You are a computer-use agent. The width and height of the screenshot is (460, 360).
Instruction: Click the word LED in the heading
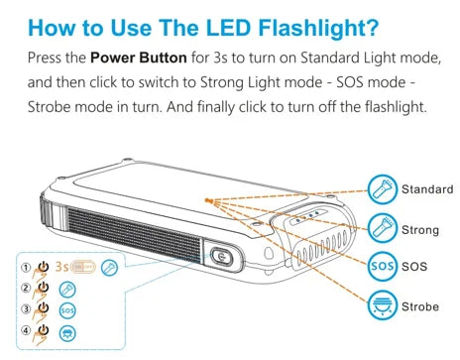coord(228,28)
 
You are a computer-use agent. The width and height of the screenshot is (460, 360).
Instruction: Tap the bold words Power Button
coord(139,58)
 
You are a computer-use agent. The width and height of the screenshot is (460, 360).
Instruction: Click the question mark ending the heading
coord(373,28)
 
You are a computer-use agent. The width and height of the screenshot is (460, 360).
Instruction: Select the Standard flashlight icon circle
coord(383,189)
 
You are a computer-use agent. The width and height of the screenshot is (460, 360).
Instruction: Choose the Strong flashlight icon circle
coord(383,228)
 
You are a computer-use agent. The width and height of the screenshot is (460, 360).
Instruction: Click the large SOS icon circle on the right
coord(383,266)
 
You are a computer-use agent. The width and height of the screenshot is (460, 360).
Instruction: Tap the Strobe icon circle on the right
coord(383,305)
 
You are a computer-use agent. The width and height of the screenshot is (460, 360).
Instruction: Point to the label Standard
coord(427,189)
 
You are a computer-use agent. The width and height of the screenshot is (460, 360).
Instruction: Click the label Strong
coord(420,230)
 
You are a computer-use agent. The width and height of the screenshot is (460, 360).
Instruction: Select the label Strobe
coord(420,306)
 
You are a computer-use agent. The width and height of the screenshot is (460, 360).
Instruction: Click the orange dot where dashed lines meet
coord(207,200)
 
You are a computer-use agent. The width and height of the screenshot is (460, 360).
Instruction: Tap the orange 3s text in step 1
coord(61,266)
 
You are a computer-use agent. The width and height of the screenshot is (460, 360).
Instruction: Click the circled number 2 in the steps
coord(26,288)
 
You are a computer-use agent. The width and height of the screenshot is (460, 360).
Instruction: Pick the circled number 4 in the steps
coord(26,330)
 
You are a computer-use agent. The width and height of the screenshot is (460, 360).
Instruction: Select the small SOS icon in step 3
coord(67,310)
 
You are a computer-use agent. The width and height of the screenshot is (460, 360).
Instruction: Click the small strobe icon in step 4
coord(67,333)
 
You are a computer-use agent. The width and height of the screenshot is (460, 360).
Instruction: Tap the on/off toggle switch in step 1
coord(83,267)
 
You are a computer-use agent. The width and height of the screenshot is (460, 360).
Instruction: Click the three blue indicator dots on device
coord(307,216)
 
